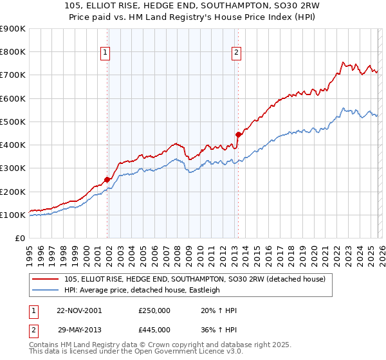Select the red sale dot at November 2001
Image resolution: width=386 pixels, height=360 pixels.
(x=107, y=180)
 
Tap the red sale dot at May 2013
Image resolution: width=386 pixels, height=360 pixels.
(x=238, y=134)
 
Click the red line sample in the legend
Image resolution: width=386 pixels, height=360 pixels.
(x=46, y=279)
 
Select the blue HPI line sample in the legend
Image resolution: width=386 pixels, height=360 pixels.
(x=46, y=290)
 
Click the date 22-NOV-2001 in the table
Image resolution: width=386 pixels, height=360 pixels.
(x=78, y=310)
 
